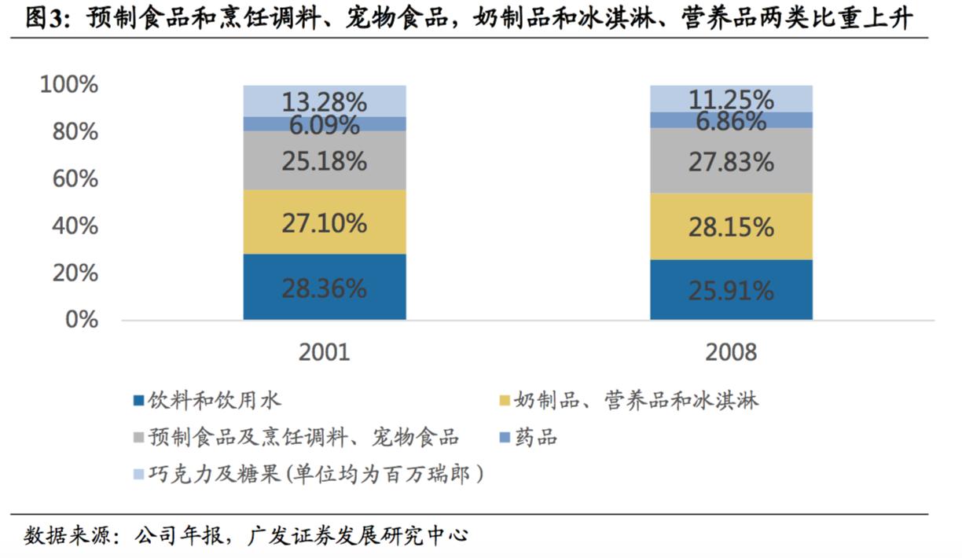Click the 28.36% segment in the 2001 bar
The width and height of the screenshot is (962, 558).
click(x=325, y=287)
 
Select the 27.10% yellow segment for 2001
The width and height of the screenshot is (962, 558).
click(x=325, y=222)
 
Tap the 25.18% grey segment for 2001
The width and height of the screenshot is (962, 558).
click(x=325, y=160)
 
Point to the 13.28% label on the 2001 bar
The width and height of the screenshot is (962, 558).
click(x=325, y=101)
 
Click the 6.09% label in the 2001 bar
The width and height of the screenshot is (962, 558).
click(x=325, y=124)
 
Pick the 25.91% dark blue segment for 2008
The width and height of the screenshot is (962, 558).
click(x=731, y=290)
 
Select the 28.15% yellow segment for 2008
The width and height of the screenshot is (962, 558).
click(x=731, y=227)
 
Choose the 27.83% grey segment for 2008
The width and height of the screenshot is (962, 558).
click(x=731, y=162)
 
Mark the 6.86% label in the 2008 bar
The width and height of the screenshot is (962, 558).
click(x=731, y=120)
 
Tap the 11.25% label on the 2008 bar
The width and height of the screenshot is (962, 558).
click(x=731, y=99)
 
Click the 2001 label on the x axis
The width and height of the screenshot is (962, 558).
click(x=324, y=351)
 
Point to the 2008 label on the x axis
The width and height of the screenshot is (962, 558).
click(x=731, y=351)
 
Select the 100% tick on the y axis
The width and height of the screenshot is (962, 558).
click(x=69, y=85)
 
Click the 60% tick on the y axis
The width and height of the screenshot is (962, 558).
click(x=76, y=179)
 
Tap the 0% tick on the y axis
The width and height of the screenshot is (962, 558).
click(x=83, y=320)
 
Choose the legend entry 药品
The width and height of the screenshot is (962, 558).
click(x=535, y=437)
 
